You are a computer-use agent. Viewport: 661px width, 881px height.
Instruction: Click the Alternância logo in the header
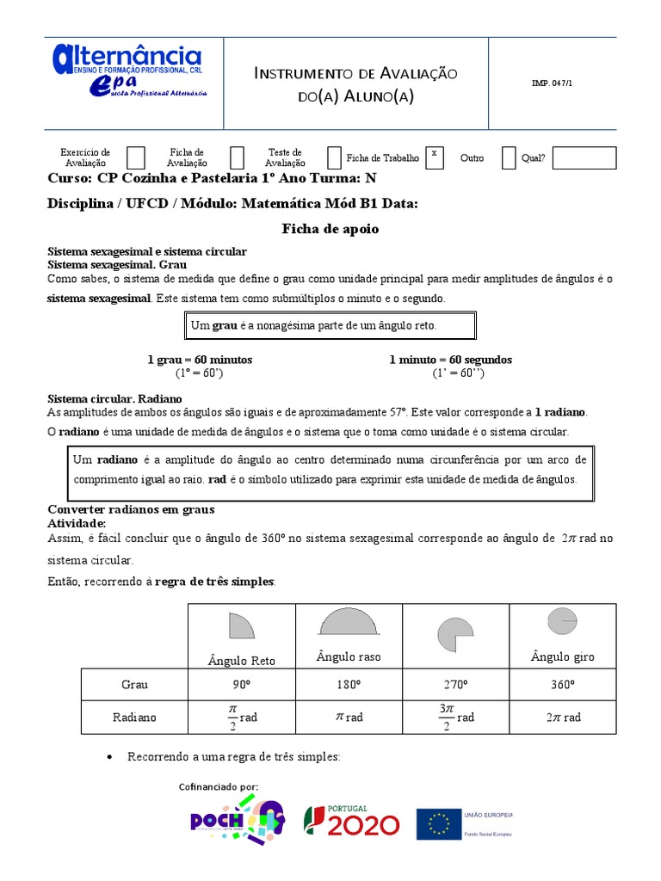[x=129, y=72]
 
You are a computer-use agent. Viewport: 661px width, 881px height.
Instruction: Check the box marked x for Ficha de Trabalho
[x=435, y=157]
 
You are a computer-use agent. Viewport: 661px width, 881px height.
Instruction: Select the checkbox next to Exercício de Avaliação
[x=136, y=157]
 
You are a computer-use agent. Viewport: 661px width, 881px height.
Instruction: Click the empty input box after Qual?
[x=584, y=158]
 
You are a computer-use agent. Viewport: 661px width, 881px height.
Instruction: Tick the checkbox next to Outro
[x=509, y=157]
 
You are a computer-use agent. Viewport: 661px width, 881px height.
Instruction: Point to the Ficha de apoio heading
[x=330, y=230]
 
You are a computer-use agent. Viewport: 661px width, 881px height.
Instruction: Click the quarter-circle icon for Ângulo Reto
[x=241, y=625]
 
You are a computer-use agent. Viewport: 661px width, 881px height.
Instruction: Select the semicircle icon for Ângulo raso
[x=349, y=621]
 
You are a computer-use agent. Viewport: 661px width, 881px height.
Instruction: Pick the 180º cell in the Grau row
[x=349, y=685]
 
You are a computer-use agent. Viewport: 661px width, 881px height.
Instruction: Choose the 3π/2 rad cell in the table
[x=456, y=718]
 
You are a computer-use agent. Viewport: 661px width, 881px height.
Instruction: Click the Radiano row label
[x=134, y=718]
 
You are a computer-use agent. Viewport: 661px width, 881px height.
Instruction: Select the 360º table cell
[x=562, y=685]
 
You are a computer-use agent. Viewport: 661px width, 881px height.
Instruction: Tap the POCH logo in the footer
[x=236, y=821]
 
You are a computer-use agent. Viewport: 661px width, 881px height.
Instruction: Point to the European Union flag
[x=439, y=823]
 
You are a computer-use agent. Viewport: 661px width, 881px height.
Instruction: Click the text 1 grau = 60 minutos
[x=200, y=360]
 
